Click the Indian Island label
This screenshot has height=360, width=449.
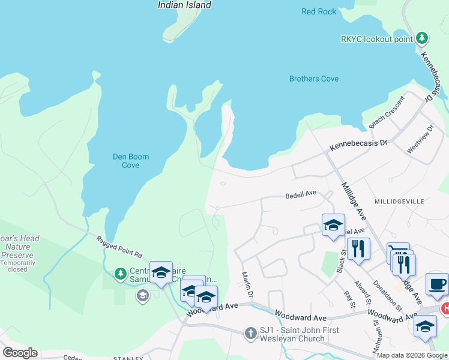coord(184,5)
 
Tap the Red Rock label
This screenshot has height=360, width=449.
coord(319,11)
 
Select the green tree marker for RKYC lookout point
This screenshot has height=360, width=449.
coord(422,38)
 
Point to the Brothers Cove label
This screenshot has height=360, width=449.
coord(313,79)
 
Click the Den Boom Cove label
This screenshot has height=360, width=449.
coord(131,161)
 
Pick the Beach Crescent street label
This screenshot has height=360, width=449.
coord(387,113)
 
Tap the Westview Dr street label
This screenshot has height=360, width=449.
coord(420,140)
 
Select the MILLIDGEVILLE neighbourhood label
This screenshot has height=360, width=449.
coord(400,202)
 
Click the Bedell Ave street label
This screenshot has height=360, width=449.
coord(300,196)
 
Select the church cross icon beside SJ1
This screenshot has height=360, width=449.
coord(251,332)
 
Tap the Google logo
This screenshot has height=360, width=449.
coord(20,353)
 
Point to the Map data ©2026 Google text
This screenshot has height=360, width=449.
coord(411,355)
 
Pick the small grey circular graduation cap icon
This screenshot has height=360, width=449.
coord(142,295)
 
